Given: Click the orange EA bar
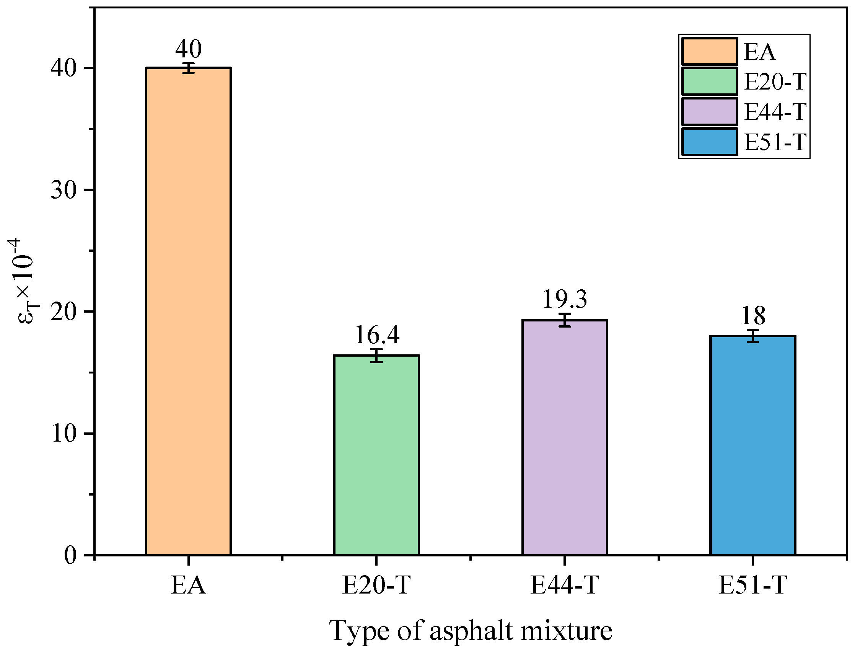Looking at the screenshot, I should [188, 312].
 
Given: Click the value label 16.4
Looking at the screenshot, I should [377, 335].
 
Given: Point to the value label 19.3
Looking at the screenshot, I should [565, 299].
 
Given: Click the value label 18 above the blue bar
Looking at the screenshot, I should [753, 316].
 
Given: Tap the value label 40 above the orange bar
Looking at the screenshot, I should [188, 49].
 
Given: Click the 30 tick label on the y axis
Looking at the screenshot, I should [63, 190].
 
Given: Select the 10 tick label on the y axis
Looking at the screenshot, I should [63, 434].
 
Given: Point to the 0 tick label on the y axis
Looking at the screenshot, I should [70, 556].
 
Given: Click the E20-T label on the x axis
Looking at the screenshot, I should [376, 585].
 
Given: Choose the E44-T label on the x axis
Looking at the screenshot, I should [564, 585].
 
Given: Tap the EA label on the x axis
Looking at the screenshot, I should [188, 585].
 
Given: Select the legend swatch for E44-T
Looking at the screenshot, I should [710, 112].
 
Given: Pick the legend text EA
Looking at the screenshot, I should [759, 52].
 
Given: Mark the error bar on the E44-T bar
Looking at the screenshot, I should [565, 320].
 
